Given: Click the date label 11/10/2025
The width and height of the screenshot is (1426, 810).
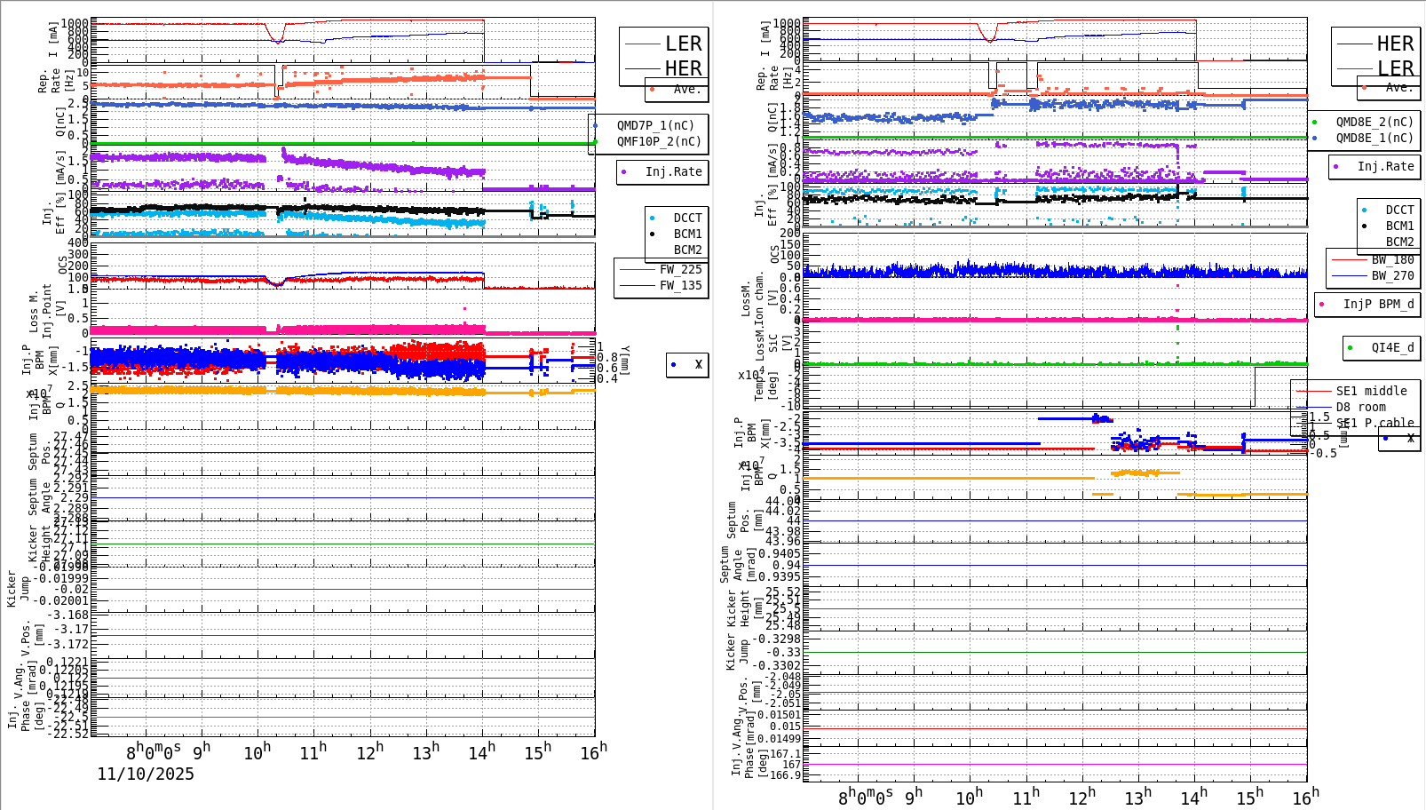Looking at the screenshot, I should tap(146, 774).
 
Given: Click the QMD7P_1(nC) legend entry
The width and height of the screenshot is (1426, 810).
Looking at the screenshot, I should tap(655, 126).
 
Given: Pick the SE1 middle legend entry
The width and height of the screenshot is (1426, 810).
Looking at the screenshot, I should tap(1371, 391).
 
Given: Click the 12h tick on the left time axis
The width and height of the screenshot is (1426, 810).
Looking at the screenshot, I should tap(369, 753).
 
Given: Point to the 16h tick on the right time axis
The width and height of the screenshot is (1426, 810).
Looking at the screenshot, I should tap(1305, 797).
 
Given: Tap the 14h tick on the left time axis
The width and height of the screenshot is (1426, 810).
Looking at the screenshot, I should tap(481, 753).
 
